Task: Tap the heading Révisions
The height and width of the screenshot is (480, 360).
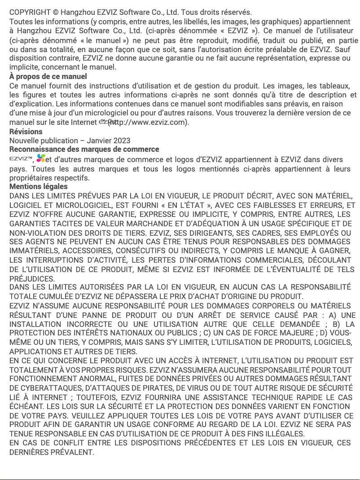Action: coord(26,132)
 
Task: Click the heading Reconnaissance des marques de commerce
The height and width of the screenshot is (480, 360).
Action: coord(84,149)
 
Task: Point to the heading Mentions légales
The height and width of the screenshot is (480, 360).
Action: coord(39,186)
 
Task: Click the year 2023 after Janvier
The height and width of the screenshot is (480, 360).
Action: coord(122,141)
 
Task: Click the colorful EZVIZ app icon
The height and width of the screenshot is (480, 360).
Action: coord(41,158)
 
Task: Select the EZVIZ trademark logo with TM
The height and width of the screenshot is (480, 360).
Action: coord(21,159)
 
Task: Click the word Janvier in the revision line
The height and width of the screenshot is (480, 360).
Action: coord(99,141)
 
